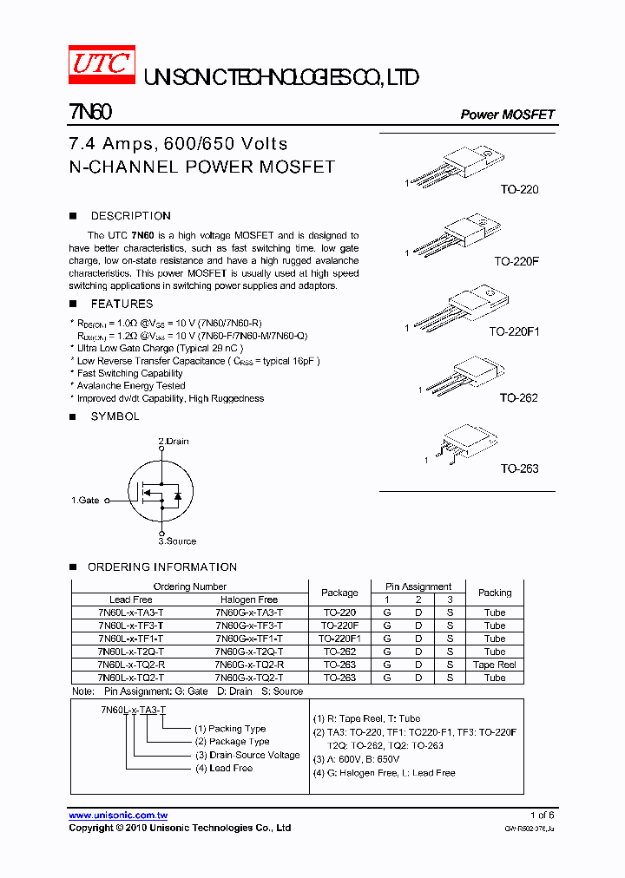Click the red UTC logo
[x=102, y=65]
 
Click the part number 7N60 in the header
[x=90, y=113]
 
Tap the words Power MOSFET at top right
[x=507, y=115]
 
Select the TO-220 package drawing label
[x=519, y=189]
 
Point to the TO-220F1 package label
[x=514, y=331]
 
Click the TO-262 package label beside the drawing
[x=518, y=398]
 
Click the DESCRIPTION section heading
[x=130, y=216]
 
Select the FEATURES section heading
[x=122, y=304]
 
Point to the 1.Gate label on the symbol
[x=85, y=501]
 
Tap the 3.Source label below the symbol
[x=177, y=541]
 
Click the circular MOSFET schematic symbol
[x=161, y=492]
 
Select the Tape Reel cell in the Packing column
[x=495, y=665]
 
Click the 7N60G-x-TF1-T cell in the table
[x=249, y=639]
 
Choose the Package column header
[x=339, y=593]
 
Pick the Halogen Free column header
[x=249, y=600]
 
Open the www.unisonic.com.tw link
[x=118, y=816]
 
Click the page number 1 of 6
[x=542, y=816]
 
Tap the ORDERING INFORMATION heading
[x=161, y=567]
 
